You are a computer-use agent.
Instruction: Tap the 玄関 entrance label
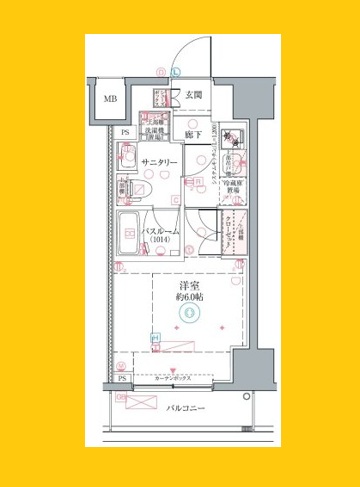coord(193,95)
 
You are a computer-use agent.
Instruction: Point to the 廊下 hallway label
coord(193,132)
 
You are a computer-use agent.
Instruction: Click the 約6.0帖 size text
coord(188,299)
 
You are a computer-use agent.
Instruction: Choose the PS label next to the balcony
coord(121,380)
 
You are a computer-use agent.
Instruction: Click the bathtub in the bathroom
coord(129,233)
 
